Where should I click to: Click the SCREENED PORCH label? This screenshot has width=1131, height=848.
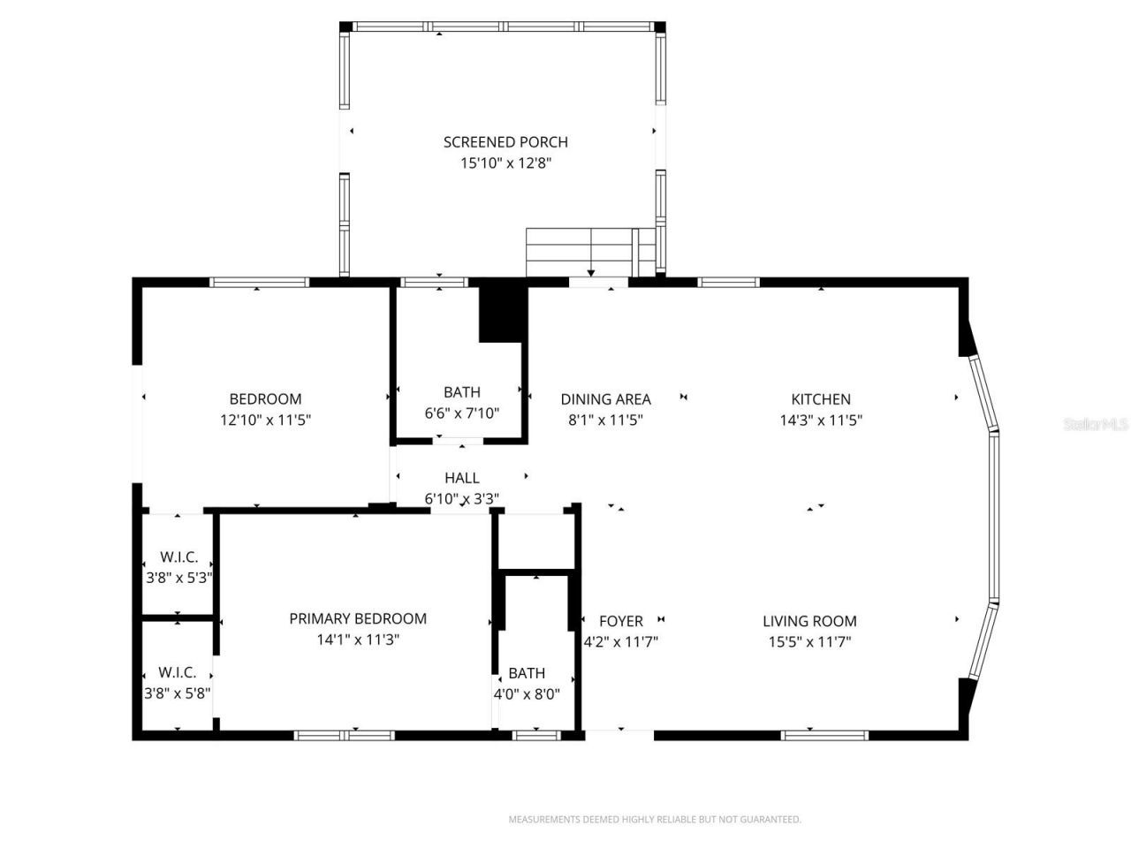(x=505, y=141)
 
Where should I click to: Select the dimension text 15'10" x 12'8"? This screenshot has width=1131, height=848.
(x=505, y=163)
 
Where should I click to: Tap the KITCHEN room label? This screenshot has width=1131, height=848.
(x=821, y=399)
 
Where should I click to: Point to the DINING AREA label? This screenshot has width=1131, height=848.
(x=605, y=399)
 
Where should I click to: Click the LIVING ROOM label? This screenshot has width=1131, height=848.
(x=809, y=621)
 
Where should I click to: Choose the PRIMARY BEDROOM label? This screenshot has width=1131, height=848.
(x=358, y=618)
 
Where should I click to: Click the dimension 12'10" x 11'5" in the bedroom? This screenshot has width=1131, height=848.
(x=265, y=420)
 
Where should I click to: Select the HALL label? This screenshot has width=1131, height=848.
(x=461, y=478)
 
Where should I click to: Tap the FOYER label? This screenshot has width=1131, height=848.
(x=620, y=621)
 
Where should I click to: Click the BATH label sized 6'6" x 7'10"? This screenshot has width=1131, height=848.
(x=461, y=392)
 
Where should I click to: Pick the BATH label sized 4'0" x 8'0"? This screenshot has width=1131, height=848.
(x=527, y=673)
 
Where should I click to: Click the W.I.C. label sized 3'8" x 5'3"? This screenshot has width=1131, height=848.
(x=178, y=557)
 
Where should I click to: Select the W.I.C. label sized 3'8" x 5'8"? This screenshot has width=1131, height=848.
(x=178, y=672)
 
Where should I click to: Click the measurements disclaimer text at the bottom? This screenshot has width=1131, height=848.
(x=654, y=820)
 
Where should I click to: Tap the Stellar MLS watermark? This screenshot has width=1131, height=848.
(x=1096, y=424)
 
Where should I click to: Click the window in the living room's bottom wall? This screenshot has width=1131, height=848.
(x=824, y=734)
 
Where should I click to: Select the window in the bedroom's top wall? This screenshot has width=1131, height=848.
(x=259, y=283)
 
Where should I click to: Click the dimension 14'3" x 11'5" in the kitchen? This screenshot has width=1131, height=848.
(x=821, y=420)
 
